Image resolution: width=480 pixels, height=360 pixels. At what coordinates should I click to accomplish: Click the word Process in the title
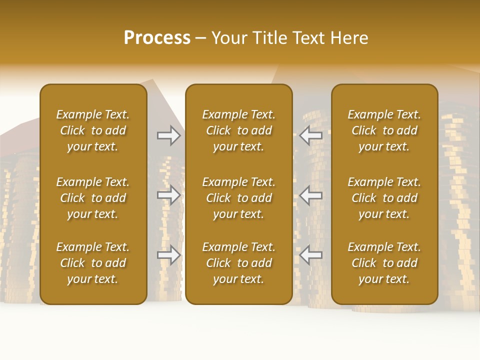[x=157, y=38]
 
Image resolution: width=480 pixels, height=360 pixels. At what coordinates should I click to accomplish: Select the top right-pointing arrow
[x=168, y=135]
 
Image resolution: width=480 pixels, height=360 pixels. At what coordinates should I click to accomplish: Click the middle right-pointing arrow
[x=168, y=195]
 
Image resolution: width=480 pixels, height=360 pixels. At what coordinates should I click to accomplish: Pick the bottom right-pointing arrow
[x=168, y=255]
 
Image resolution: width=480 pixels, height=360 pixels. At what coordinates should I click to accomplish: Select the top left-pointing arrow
[x=311, y=135]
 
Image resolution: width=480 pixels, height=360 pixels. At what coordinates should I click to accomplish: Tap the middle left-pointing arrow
[x=311, y=195]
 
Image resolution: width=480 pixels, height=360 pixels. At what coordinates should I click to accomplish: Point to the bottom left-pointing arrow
[x=311, y=255]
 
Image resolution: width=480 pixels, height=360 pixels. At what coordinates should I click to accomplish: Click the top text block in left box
[x=93, y=130]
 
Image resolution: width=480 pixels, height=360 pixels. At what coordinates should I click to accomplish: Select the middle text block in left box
[x=93, y=198]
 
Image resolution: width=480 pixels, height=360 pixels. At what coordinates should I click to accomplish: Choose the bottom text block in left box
[x=93, y=263]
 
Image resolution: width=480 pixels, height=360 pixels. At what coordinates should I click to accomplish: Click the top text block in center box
[x=238, y=130]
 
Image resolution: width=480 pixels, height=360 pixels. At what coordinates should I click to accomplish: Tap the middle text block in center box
[x=238, y=198]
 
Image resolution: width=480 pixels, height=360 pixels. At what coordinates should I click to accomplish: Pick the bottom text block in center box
[x=238, y=263]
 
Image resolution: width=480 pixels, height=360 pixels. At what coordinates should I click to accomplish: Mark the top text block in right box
[x=384, y=130]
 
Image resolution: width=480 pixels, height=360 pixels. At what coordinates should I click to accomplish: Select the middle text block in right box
[x=384, y=198]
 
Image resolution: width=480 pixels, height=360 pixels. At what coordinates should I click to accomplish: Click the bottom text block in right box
[x=384, y=263]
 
